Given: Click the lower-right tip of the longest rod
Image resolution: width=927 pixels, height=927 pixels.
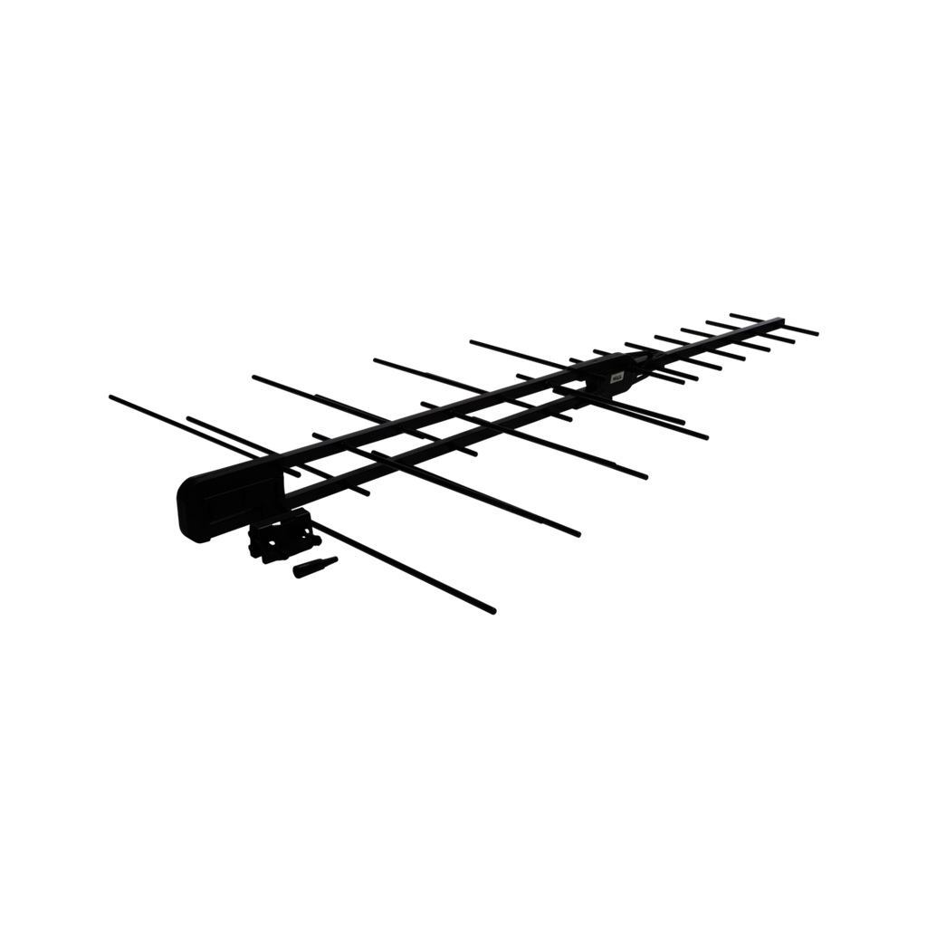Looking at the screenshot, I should coord(496,613).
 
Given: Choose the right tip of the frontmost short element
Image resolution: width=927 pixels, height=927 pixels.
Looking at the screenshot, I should coord(818,333).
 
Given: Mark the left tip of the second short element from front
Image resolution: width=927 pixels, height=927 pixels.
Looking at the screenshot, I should coord(706,320).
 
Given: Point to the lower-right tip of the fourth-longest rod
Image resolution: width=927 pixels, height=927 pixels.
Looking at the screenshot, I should coord(710,438).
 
